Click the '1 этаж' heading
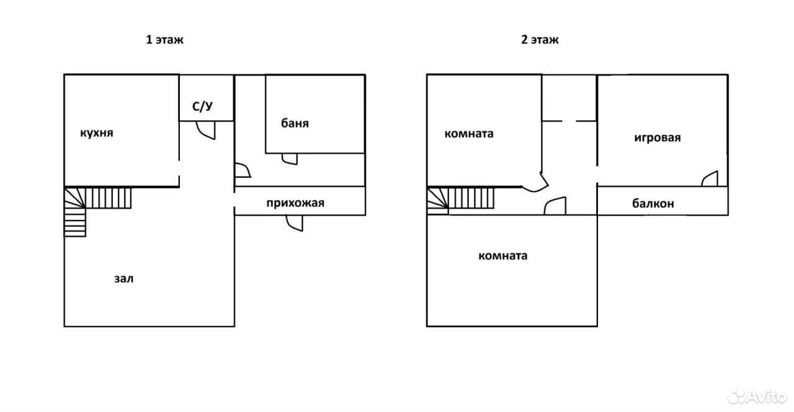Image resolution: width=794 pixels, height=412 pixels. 165,39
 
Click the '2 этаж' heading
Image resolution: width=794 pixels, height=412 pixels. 540,39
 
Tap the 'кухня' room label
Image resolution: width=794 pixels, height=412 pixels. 96,133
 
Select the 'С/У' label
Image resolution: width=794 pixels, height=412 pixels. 202,106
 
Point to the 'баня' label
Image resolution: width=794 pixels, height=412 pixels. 295,123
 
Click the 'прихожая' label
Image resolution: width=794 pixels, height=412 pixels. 295,203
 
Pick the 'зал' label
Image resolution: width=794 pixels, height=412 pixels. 123,279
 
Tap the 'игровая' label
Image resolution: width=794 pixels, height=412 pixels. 658,138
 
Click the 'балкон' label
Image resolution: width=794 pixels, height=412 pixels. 653,204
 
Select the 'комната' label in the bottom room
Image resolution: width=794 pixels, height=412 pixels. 502,255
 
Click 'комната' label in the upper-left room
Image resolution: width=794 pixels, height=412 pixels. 468,134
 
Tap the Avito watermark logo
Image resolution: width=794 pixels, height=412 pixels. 757,396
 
